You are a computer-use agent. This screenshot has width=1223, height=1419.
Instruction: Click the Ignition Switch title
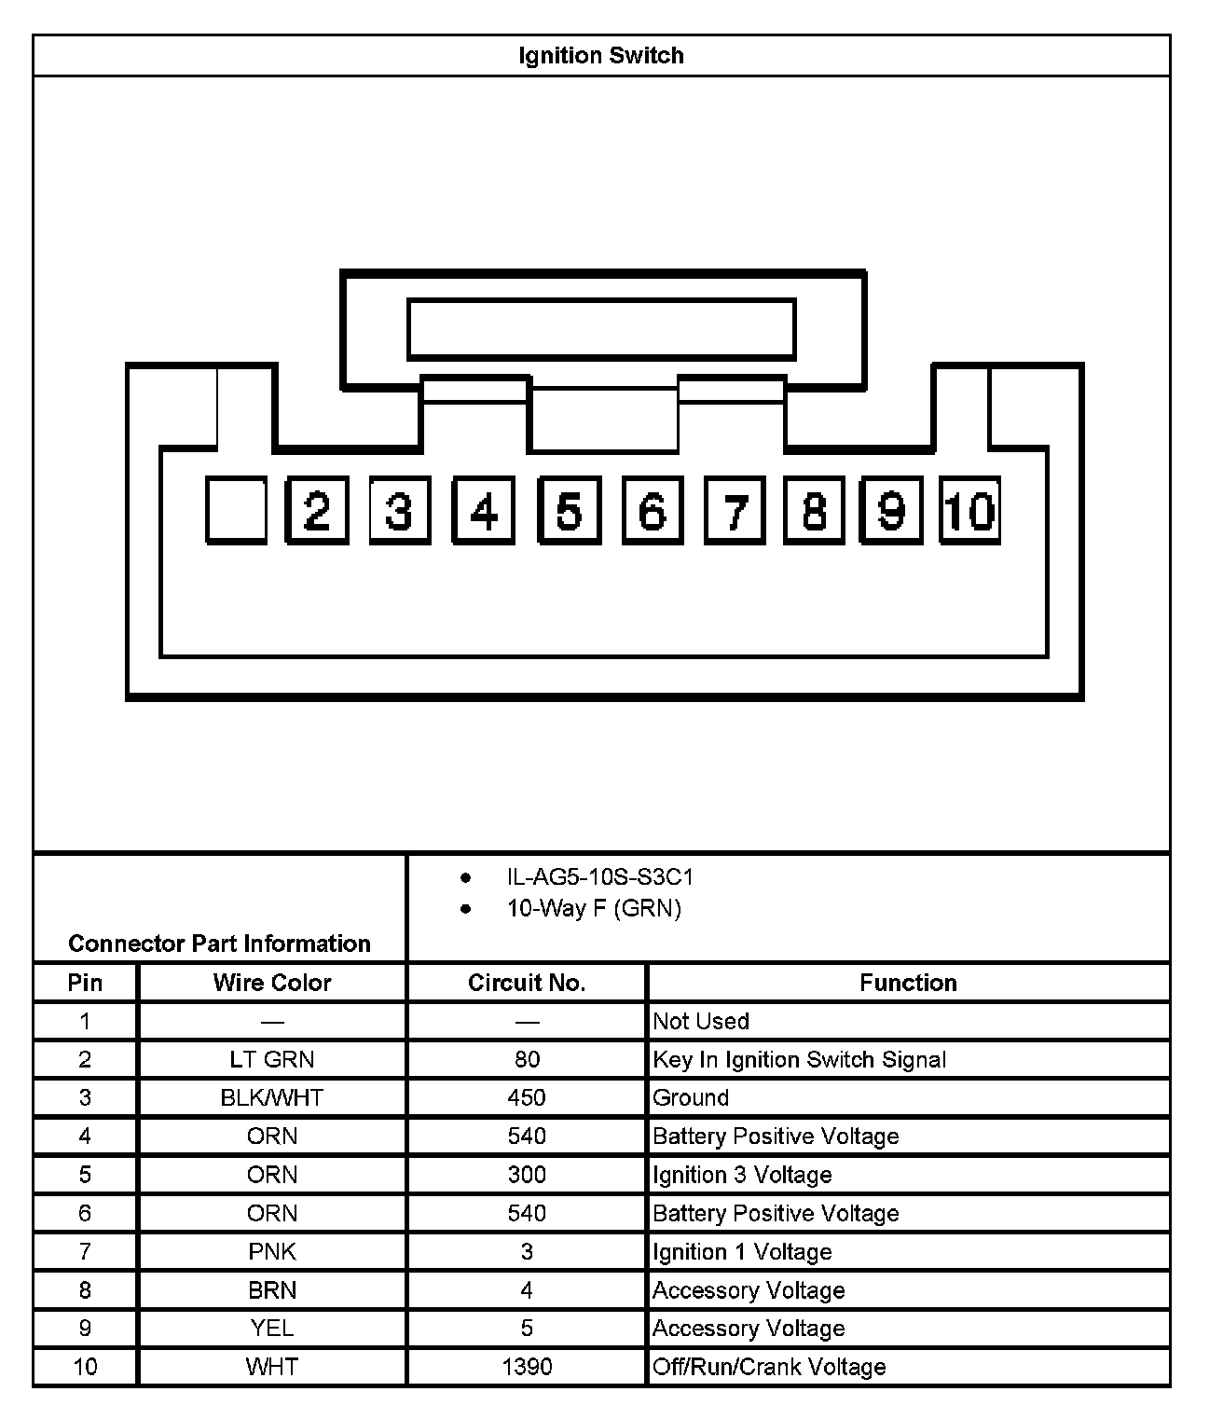(x=601, y=56)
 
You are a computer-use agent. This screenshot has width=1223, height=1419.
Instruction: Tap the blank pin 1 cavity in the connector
(x=236, y=510)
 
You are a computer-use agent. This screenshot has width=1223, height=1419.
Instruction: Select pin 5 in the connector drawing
(x=568, y=510)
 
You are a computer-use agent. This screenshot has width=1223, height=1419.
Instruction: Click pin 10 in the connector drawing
(x=969, y=510)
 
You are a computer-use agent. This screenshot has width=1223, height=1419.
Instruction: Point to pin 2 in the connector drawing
(x=317, y=510)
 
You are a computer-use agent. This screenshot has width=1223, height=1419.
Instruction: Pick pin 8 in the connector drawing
(x=814, y=510)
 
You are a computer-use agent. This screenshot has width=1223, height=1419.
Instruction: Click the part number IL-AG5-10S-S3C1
(x=600, y=877)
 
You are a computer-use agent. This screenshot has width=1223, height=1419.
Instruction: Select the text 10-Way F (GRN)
(x=594, y=908)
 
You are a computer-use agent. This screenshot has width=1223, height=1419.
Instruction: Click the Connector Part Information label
(x=219, y=944)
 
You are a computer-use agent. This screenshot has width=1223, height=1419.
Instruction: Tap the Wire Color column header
(x=272, y=983)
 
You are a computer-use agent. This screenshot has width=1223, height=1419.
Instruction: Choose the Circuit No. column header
(x=527, y=983)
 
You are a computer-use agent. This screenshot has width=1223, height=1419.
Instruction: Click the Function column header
(x=908, y=983)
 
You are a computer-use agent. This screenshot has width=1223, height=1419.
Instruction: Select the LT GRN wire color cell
(x=272, y=1059)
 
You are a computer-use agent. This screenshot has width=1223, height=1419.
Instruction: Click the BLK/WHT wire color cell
(x=272, y=1097)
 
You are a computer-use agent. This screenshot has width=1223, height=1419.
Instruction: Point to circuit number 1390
(x=527, y=1367)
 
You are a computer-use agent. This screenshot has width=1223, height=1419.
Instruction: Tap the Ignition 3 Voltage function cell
(x=742, y=1175)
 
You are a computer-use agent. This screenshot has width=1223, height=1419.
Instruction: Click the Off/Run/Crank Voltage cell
(x=769, y=1367)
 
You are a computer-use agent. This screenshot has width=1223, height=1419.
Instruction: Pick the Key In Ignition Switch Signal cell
(x=799, y=1059)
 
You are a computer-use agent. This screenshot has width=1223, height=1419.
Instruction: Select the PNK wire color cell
(x=272, y=1251)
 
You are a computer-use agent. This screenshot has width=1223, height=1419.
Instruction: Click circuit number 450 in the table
(x=527, y=1097)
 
